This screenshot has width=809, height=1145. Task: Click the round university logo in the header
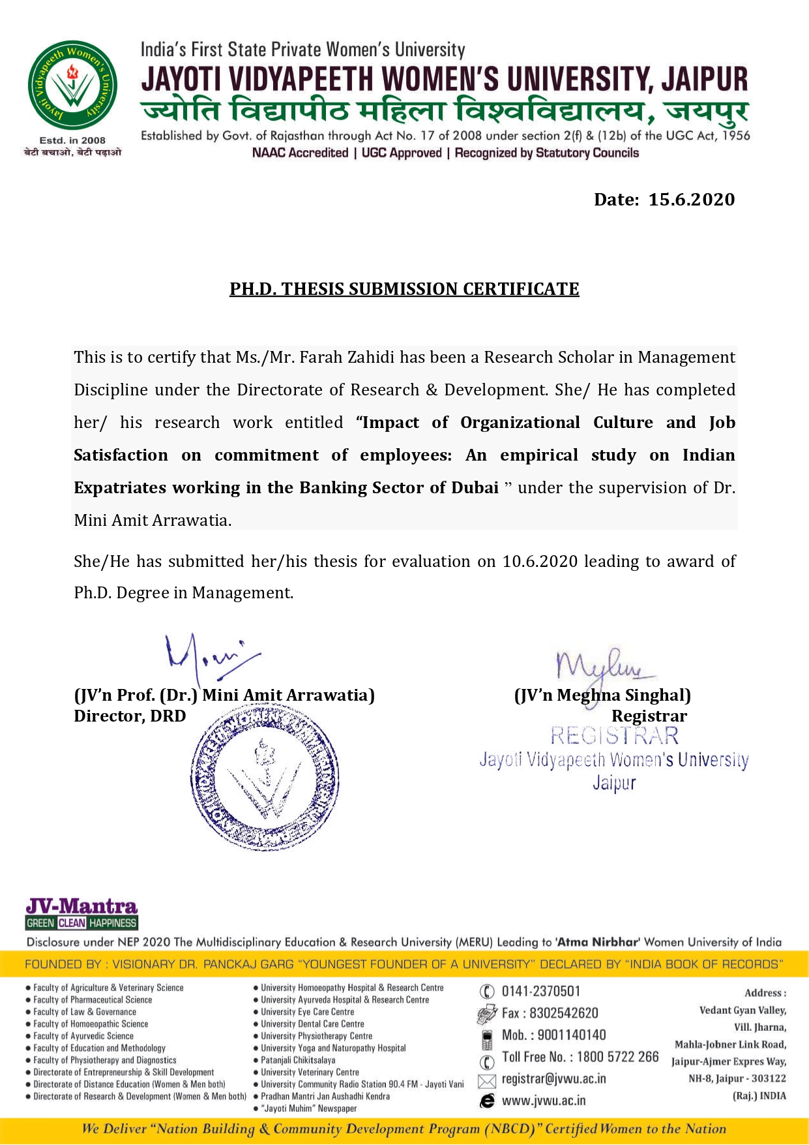point(72,85)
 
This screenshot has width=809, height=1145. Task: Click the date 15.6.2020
point(691,200)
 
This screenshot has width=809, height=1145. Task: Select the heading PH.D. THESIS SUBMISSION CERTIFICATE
point(404,289)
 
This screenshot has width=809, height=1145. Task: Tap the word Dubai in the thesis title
point(474,488)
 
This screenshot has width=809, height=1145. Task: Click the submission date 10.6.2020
point(540,562)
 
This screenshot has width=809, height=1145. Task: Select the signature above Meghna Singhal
point(604,666)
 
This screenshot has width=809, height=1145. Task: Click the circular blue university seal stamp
point(265,776)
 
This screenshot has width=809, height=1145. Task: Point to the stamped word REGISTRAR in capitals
point(614,736)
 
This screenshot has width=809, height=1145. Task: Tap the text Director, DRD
point(130,716)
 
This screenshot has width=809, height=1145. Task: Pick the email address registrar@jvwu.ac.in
point(553,1078)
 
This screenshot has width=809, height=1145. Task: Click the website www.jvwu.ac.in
point(543,1101)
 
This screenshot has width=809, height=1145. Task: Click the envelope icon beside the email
point(486,1081)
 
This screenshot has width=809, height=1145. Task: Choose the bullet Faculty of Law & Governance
point(85,1012)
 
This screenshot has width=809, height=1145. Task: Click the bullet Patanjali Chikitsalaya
point(298,1060)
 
